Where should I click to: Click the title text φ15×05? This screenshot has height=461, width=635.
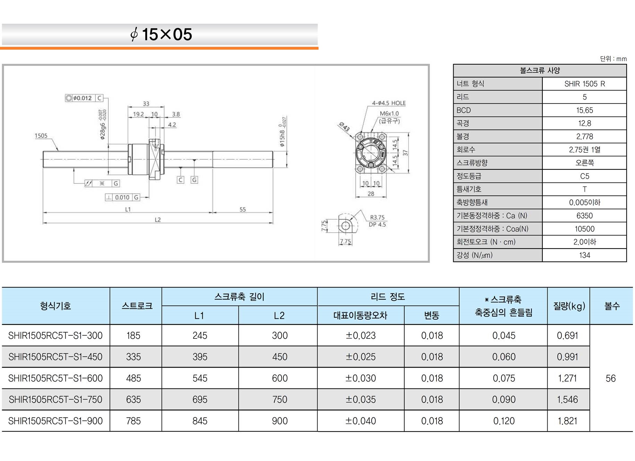tap(161, 34)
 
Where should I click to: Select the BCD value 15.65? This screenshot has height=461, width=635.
tap(584, 110)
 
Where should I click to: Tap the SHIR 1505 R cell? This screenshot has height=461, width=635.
tap(584, 84)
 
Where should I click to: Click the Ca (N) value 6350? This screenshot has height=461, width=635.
tap(584, 216)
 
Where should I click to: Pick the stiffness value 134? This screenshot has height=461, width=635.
tap(584, 255)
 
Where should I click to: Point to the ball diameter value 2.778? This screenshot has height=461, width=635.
tap(584, 136)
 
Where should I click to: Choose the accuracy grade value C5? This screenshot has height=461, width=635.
tap(584, 176)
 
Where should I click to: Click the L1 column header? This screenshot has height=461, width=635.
tap(199, 315)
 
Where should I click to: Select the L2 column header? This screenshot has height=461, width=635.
tap(279, 315)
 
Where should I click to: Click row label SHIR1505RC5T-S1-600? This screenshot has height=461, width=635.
tap(56, 378)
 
